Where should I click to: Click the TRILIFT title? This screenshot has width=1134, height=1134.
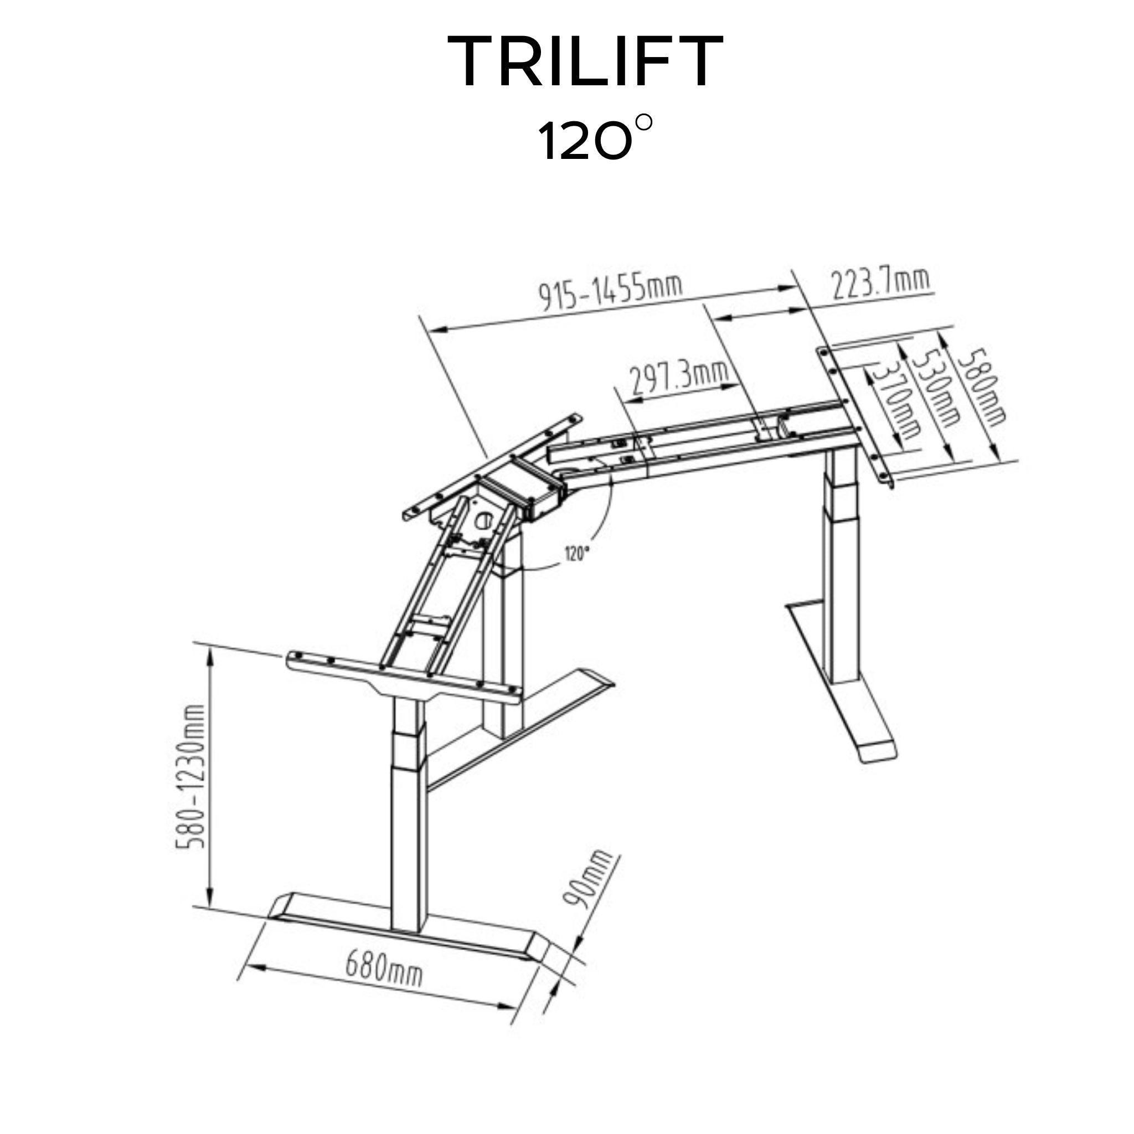(585, 60)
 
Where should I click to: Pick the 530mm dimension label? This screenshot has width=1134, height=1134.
(936, 388)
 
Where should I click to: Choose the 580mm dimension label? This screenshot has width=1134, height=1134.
(981, 387)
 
